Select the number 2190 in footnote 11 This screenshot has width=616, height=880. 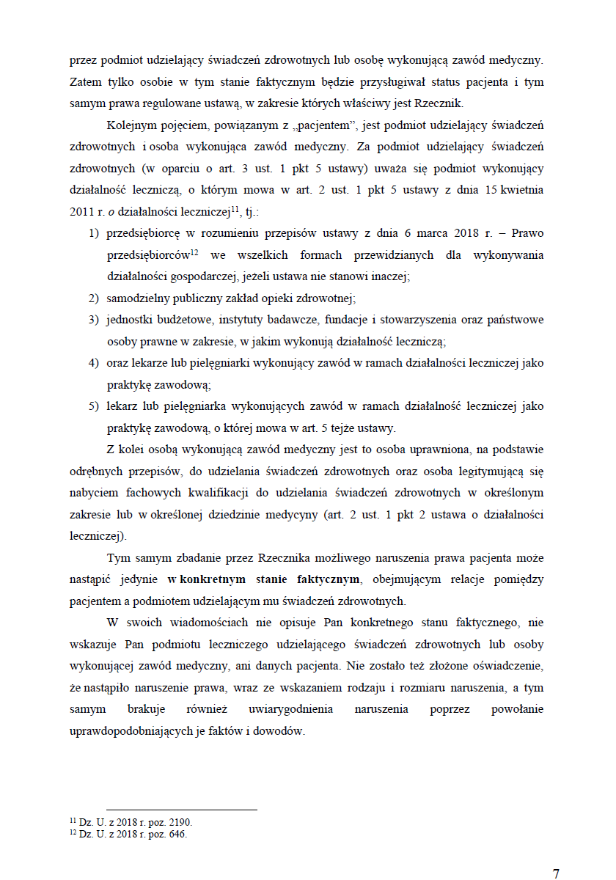[180, 823]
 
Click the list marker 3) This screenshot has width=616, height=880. [94, 320]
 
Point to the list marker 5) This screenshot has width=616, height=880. [94, 406]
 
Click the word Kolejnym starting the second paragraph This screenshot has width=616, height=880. [131, 125]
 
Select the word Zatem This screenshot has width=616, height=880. [84, 81]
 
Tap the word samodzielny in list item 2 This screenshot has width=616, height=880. [139, 298]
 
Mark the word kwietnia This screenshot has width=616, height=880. [522, 190]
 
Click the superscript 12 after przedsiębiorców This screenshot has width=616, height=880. [195, 253]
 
